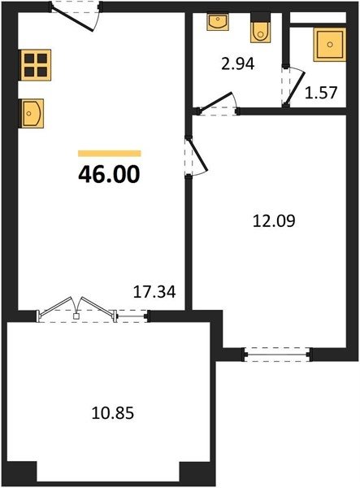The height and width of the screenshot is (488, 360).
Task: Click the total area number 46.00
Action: tap(109, 175)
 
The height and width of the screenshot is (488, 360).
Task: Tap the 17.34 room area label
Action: tap(154, 292)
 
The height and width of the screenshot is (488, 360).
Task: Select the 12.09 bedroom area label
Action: tap(274, 221)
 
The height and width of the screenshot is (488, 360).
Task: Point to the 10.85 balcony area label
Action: tap(113, 413)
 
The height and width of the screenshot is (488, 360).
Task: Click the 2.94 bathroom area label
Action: tap(238, 63)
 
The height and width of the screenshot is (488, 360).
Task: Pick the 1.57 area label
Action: tap(321, 93)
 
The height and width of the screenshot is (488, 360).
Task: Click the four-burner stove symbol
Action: tap(36, 65)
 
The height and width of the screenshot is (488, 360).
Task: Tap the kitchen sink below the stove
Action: tap(31, 113)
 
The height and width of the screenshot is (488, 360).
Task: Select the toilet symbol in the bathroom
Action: tap(260, 28)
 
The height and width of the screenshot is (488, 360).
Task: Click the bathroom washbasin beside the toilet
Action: tap(218, 21)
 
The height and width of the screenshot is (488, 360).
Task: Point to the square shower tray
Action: tap(330, 45)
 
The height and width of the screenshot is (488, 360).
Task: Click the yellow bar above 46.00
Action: tap(110, 154)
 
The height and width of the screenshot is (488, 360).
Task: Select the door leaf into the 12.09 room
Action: tap(197, 155)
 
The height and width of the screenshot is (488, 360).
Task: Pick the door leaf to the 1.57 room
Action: tap(295, 89)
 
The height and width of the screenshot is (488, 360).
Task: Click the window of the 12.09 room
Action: tap(277, 355)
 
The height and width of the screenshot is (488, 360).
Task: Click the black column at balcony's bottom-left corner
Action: tap(21, 472)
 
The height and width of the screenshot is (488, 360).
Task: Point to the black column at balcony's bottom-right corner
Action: tap(197, 472)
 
